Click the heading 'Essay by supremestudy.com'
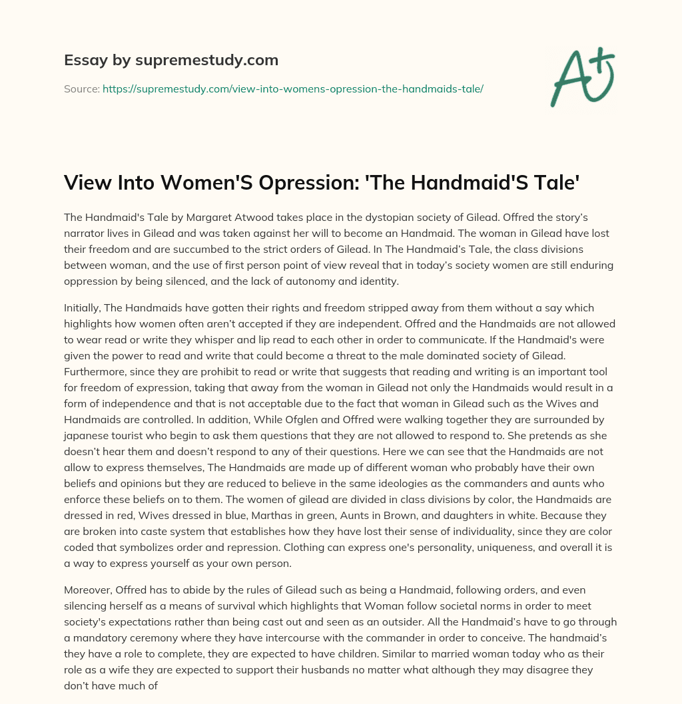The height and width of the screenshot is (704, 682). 170,61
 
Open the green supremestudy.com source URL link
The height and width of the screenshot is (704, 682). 292,88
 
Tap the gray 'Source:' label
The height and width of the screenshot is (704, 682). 81,88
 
